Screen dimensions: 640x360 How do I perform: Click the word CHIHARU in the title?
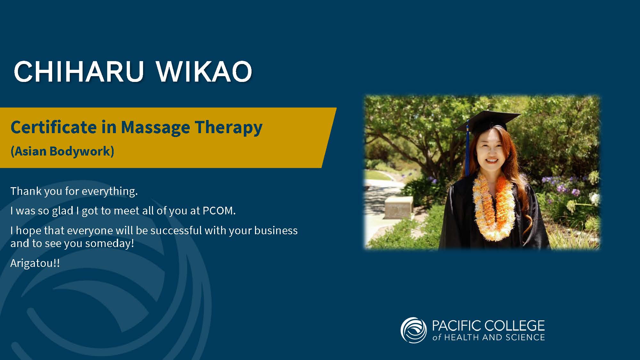pyautogui.click(x=79, y=71)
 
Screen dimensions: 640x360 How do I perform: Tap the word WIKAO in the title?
pyautogui.click(x=204, y=71)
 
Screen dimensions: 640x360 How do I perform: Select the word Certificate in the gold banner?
pyautogui.click(x=54, y=127)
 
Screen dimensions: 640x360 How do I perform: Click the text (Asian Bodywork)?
pyautogui.click(x=62, y=151)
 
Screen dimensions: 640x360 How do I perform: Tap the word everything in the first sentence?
pyautogui.click(x=110, y=191)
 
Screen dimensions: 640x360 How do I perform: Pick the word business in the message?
pyautogui.click(x=276, y=230)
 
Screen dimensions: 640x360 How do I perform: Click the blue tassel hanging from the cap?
pyautogui.click(x=467, y=147)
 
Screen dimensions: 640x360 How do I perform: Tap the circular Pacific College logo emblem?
pyautogui.click(x=413, y=330)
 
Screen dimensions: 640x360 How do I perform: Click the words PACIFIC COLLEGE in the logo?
pyautogui.click(x=488, y=326)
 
